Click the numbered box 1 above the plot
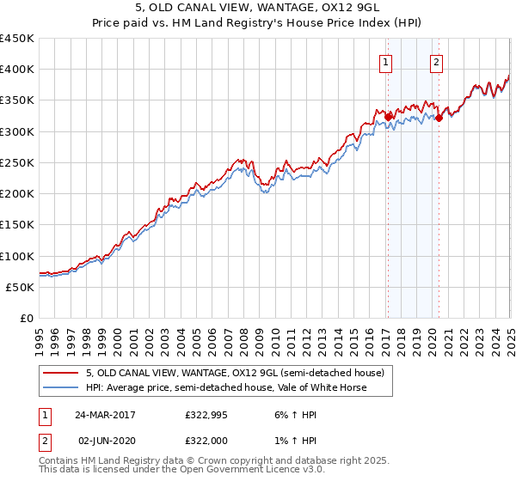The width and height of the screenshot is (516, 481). coord(386,61)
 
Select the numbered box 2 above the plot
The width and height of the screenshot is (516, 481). coord(437,61)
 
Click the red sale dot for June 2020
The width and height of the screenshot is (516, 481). coord(439,118)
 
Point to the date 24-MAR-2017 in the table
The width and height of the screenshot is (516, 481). coord(105,414)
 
